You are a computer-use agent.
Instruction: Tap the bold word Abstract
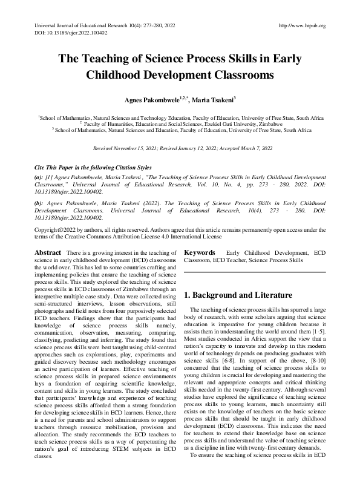(47, 252)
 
